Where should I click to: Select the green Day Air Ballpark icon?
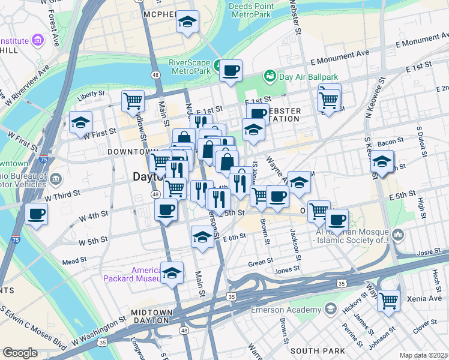270,77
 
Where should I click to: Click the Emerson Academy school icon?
330,310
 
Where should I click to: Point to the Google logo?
20,353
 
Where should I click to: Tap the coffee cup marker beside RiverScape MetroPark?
231,71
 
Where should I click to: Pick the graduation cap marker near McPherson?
187,23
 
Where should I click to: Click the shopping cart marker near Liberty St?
133,100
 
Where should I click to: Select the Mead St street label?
74,261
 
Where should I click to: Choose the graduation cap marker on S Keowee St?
382,161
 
